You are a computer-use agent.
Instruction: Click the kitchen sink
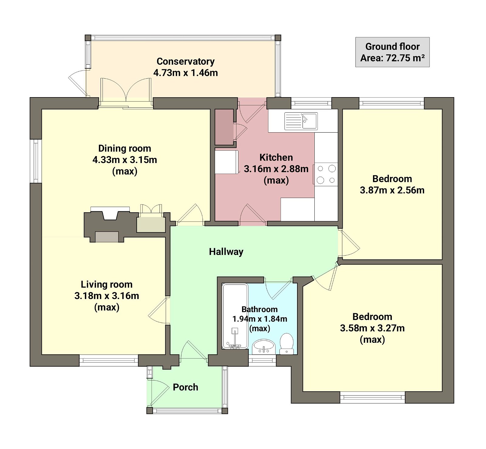(301, 121)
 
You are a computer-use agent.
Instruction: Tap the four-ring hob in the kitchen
(326, 174)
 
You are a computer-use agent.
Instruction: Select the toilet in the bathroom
(286, 344)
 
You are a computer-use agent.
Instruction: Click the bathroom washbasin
(264, 347)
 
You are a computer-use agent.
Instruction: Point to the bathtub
(235, 316)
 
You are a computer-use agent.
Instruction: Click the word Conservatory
(185, 61)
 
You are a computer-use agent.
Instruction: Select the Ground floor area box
(392, 52)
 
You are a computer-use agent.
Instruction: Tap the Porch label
(185, 387)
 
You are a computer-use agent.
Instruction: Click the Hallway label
(226, 252)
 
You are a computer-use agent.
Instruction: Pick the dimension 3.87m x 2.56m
(392, 190)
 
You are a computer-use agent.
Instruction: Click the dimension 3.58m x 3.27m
(372, 328)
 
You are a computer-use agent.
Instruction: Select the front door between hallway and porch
(194, 352)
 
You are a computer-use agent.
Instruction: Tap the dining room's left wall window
(36, 161)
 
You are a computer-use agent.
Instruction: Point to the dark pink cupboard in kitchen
(224, 127)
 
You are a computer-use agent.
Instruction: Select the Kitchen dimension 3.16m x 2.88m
(276, 169)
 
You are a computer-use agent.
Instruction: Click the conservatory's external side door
(77, 83)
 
